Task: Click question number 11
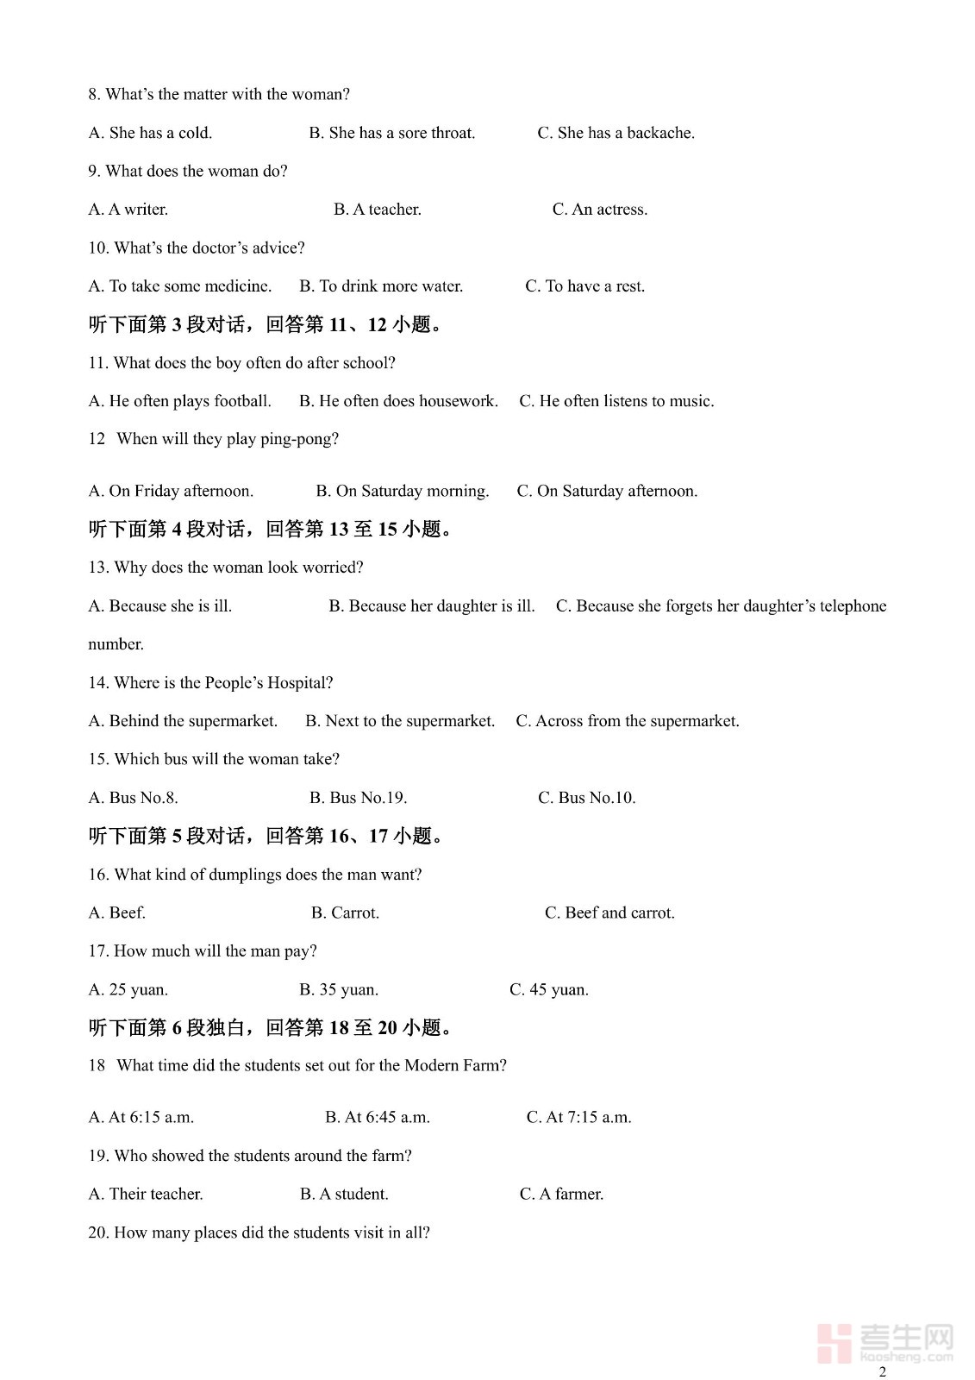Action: (x=97, y=363)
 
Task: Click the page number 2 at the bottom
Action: (x=882, y=1371)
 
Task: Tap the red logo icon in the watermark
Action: (x=834, y=1343)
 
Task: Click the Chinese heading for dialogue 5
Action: (x=268, y=836)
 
